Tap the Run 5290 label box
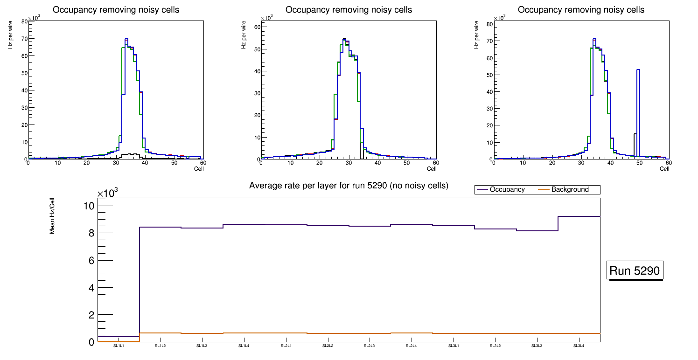click(x=635, y=271)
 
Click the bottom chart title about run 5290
click(x=349, y=186)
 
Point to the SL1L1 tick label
click(x=119, y=346)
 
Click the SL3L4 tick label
click(x=579, y=346)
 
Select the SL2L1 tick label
click(x=286, y=346)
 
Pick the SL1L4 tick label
click(x=244, y=346)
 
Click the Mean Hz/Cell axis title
click(x=53, y=219)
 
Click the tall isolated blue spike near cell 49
click(x=638, y=112)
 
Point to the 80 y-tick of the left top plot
click(x=24, y=21)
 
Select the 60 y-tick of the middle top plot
click(x=256, y=27)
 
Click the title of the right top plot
click(x=581, y=10)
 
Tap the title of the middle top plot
click(x=349, y=10)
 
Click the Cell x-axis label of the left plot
click(x=199, y=168)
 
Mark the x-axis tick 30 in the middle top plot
click(x=349, y=163)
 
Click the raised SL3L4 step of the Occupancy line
click(x=579, y=216)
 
